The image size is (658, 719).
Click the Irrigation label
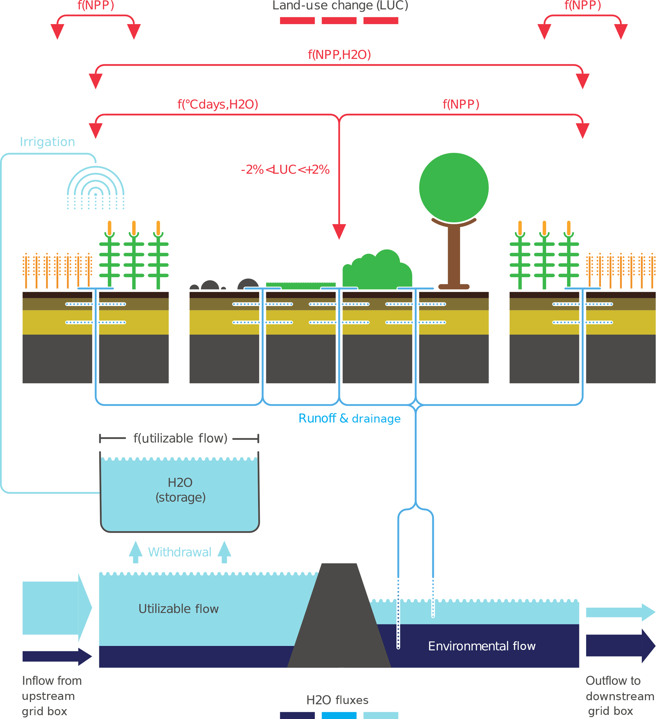click(x=47, y=142)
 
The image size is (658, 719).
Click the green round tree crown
click(x=454, y=188)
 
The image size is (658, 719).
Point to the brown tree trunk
click(x=454, y=255)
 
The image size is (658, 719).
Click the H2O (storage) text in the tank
click(x=180, y=490)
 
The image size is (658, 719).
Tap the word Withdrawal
click(x=180, y=552)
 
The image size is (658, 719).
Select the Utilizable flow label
click(x=178, y=609)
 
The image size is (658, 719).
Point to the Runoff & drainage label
click(x=349, y=418)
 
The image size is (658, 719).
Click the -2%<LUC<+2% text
click(x=285, y=169)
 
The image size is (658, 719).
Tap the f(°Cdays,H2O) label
click(x=217, y=104)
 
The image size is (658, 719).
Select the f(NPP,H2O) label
click(x=339, y=54)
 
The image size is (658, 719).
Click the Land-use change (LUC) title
click(x=340, y=5)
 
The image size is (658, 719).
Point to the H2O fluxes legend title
click(x=337, y=700)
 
